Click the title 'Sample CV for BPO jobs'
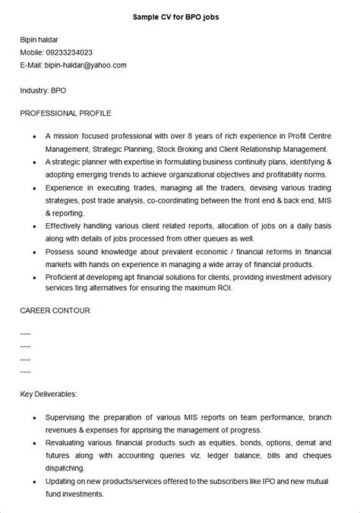(180, 16)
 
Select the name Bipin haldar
(40, 39)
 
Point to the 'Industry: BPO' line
(43, 90)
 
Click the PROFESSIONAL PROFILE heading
(66, 113)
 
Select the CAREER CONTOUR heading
(55, 311)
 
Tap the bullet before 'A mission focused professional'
(35, 137)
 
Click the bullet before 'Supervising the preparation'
(35, 418)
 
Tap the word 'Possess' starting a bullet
(60, 251)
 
